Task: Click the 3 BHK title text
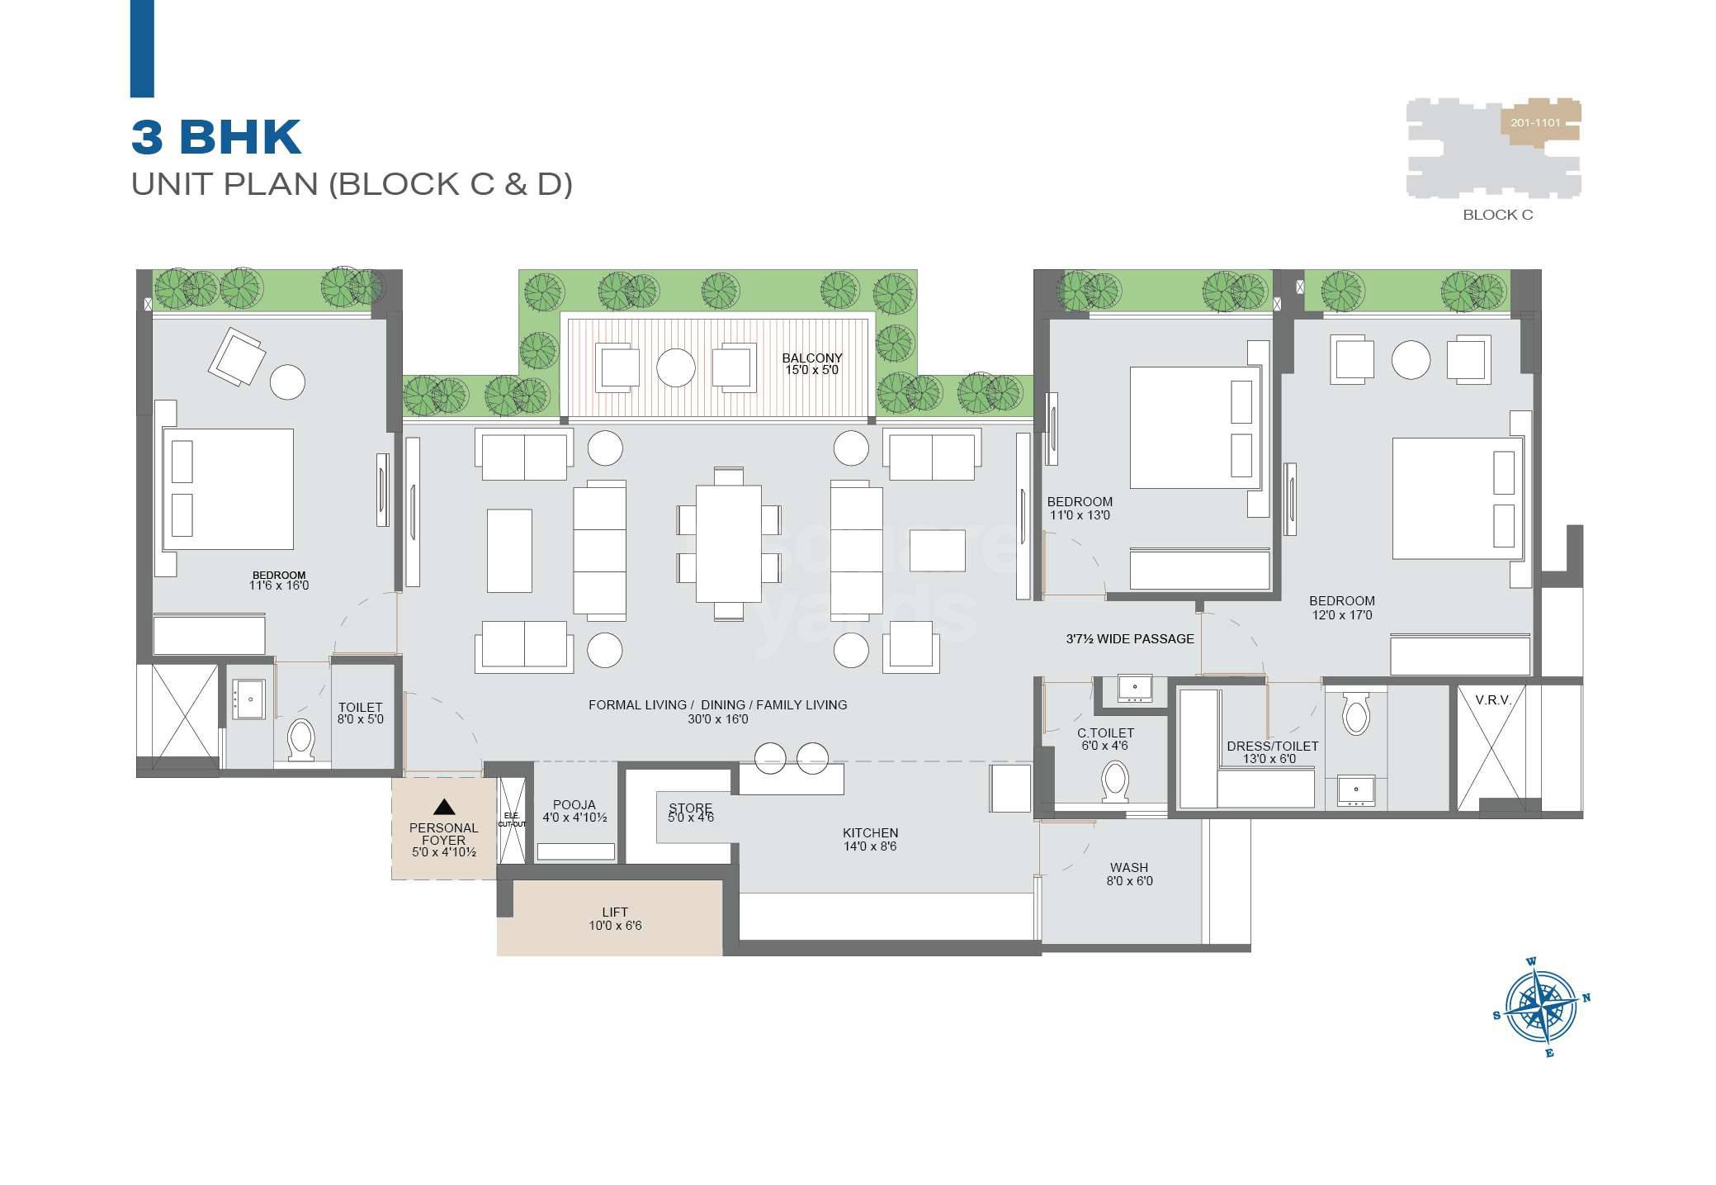216,137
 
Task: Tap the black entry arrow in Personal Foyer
444,807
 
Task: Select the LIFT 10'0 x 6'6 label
615,918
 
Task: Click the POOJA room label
574,811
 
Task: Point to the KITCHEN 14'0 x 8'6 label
870,839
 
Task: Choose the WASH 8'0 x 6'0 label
1129,874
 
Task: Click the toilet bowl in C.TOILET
1115,780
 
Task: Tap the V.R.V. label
1493,700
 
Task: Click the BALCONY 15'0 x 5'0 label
812,363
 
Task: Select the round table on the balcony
675,367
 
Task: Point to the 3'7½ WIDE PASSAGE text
1129,638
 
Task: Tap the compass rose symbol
1540,1007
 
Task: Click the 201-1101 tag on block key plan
1535,123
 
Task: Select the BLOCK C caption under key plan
1497,215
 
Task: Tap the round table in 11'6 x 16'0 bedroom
287,382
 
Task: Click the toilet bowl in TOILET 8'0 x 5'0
300,738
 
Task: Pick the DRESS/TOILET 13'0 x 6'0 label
1272,751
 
